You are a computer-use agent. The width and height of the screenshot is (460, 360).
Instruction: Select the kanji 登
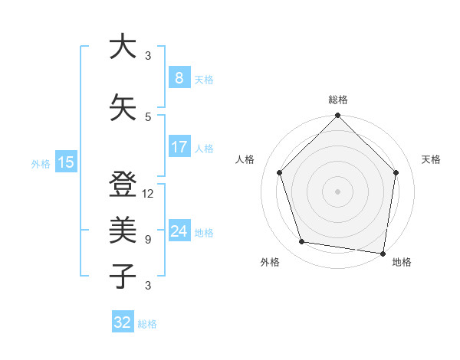pyautogui.click(x=123, y=185)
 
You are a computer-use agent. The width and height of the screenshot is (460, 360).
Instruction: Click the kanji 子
pyautogui.click(x=123, y=276)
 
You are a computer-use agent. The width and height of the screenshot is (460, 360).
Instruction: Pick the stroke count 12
pyautogui.click(x=148, y=194)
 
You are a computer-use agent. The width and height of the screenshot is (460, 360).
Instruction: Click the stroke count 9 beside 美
pyautogui.click(x=148, y=240)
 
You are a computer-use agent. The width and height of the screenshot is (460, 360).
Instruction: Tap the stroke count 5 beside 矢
pyautogui.click(x=148, y=117)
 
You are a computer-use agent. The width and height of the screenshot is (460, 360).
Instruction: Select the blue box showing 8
pyautogui.click(x=179, y=77)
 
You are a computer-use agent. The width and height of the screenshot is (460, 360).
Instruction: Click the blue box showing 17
pyautogui.click(x=179, y=146)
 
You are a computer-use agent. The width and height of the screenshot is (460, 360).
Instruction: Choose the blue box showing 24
pyautogui.click(x=179, y=231)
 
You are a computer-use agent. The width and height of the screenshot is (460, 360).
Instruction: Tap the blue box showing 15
pyautogui.click(x=65, y=162)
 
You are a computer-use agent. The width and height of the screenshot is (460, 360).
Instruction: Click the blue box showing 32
pyautogui.click(x=123, y=322)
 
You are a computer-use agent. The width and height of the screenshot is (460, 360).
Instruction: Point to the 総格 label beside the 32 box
pyautogui.click(x=147, y=324)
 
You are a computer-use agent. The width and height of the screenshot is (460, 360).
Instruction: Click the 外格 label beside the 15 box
pyautogui.click(x=41, y=163)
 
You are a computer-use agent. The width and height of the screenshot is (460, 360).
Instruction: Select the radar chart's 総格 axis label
pyautogui.click(x=338, y=100)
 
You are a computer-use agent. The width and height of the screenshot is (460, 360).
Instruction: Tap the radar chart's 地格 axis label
pyautogui.click(x=402, y=263)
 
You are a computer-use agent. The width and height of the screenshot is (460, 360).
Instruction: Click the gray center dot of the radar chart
pyautogui.click(x=338, y=191)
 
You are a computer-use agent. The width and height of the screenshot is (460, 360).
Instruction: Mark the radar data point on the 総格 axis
pyautogui.click(x=338, y=116)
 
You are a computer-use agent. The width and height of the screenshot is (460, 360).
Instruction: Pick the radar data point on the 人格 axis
pyautogui.click(x=280, y=172)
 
